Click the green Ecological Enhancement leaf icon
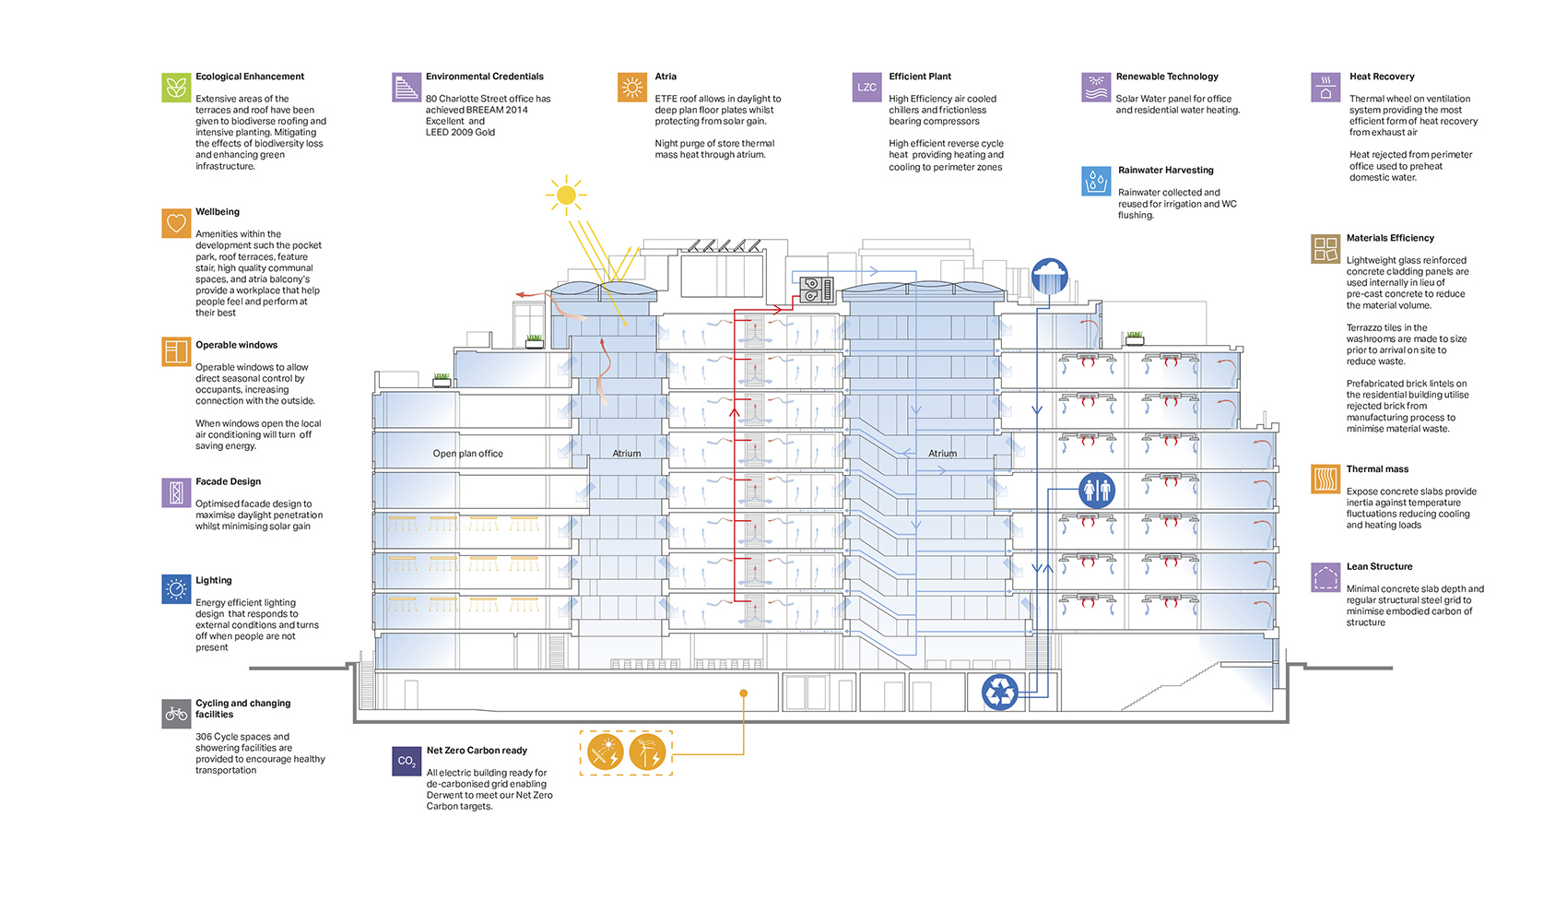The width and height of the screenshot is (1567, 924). click(176, 87)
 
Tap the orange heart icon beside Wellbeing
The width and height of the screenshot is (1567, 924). click(176, 223)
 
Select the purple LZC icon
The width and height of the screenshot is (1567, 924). click(866, 87)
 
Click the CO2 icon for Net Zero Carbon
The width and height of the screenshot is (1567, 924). click(406, 761)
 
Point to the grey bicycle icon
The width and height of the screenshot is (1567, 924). click(176, 714)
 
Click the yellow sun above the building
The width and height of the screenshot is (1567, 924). click(566, 195)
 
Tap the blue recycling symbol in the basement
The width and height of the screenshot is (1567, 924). click(999, 692)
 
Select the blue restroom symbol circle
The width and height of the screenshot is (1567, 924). click(1097, 490)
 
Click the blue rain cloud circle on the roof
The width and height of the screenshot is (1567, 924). click(1049, 275)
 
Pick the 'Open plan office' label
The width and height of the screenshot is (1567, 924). click(467, 454)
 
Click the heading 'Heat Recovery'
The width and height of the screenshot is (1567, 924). click(1381, 77)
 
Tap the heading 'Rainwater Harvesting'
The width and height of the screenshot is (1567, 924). click(1165, 171)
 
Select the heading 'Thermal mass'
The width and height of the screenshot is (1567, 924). click(1377, 469)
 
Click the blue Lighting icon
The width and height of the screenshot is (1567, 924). click(176, 589)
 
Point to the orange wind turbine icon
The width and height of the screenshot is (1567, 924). click(647, 752)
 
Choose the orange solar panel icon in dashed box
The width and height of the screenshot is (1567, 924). click(606, 752)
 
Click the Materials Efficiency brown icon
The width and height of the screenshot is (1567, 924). click(1325, 249)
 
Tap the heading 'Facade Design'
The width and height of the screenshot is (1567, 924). click(228, 481)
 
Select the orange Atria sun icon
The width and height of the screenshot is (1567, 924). click(632, 87)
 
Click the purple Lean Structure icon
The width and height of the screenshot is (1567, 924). click(1325, 578)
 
